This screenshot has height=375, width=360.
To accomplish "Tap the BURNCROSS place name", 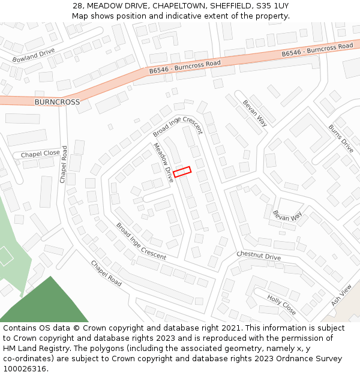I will click(x=57, y=102).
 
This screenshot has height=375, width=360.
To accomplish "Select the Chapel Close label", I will click(x=40, y=154).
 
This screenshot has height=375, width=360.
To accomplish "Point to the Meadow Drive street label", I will click(x=163, y=158).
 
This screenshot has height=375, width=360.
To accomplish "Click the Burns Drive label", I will click(x=341, y=138).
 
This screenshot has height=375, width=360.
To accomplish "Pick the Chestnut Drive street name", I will click(x=259, y=256).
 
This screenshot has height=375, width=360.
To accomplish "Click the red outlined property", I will click(x=182, y=172).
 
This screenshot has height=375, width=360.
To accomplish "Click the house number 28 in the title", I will click(x=77, y=5).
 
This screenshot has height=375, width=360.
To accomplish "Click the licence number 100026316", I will click(x=25, y=369).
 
